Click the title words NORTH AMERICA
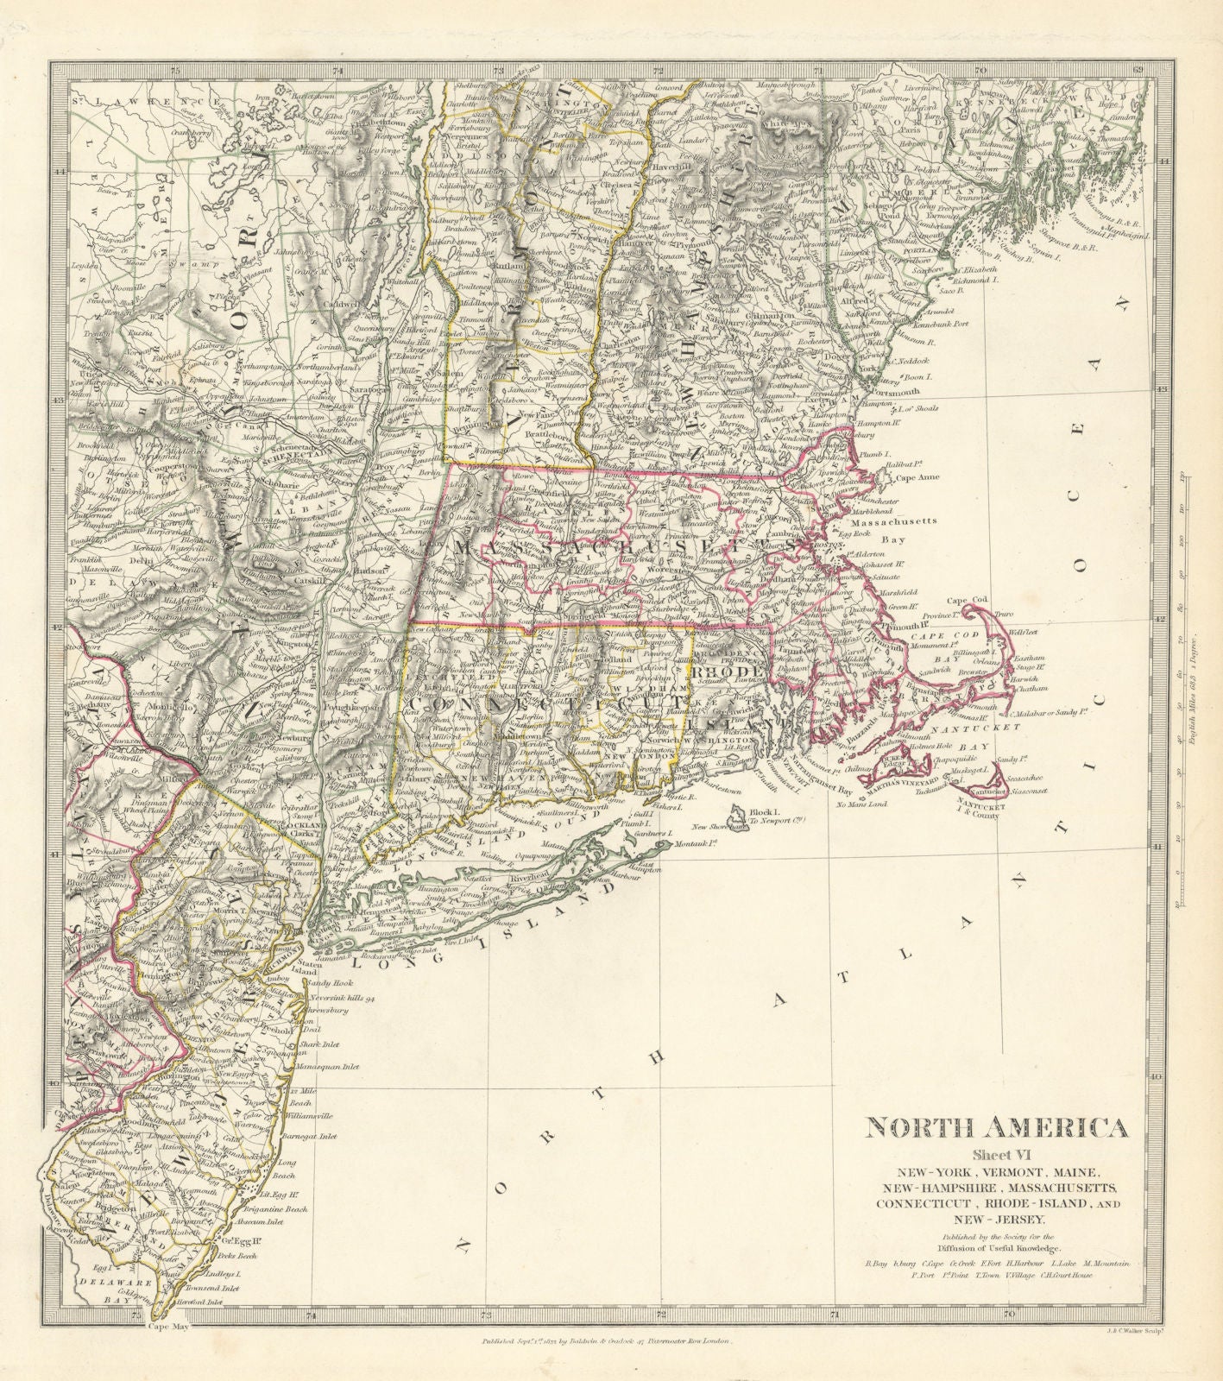coord(990,1128)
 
